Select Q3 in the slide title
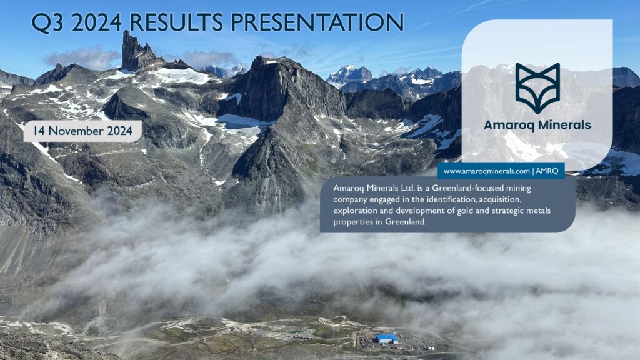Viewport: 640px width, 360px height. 47,22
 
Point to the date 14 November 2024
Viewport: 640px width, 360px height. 82,131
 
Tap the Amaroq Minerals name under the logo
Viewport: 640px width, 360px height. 537,125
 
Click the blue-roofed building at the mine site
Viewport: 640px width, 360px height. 387,338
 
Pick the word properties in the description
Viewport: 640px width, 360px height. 352,222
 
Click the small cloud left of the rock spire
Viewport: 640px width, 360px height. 81,57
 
